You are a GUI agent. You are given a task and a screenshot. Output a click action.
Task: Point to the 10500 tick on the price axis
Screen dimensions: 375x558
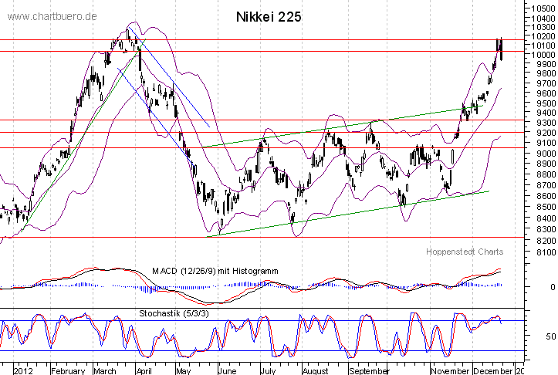click(x=542, y=7)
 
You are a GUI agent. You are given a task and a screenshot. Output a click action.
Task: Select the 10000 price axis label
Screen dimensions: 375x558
click(x=542, y=55)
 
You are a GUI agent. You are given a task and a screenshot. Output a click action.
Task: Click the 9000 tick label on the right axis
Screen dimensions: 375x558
click(x=539, y=153)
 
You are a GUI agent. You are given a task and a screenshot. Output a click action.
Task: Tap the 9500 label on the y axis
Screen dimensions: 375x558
click(x=539, y=103)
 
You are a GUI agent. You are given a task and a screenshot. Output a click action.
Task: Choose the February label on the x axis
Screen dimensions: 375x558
click(x=69, y=370)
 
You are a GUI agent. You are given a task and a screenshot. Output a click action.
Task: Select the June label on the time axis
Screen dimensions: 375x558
click(x=228, y=370)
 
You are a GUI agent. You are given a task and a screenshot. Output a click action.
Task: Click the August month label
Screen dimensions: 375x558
click(x=314, y=370)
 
